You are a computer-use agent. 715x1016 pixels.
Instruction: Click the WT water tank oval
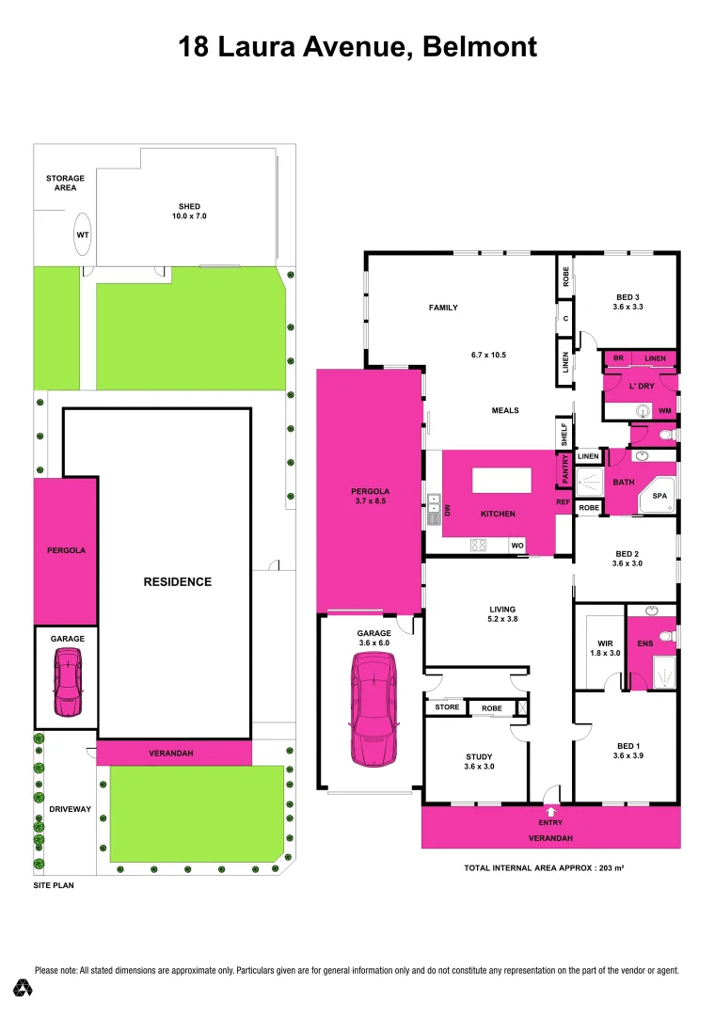point(82,234)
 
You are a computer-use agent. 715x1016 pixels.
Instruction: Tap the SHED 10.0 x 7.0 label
point(190,212)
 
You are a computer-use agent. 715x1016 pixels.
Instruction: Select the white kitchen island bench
point(502,480)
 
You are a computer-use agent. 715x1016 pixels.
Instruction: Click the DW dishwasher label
point(449,510)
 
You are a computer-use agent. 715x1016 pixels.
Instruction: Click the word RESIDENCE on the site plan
point(177,581)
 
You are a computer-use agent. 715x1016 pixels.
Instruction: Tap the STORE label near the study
point(447,707)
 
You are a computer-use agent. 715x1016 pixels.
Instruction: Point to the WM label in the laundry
point(664,411)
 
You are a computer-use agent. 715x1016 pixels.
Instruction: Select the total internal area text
point(544,867)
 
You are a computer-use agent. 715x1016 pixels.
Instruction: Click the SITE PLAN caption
point(53,885)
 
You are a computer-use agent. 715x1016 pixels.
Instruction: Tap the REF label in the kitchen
point(564,502)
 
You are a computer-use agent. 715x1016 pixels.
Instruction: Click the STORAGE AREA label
point(65,183)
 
